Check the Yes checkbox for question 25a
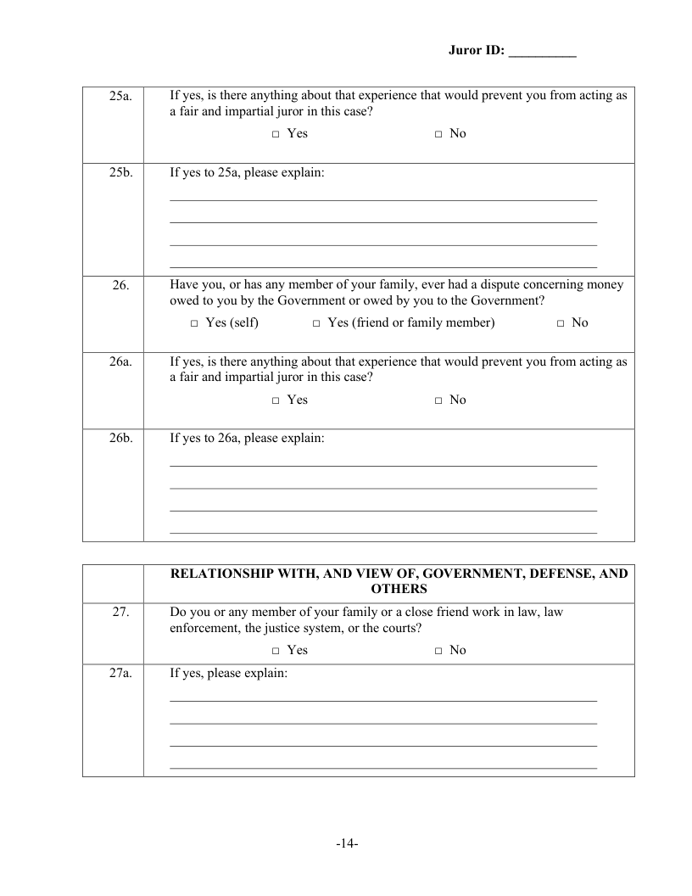pyautogui.click(x=276, y=134)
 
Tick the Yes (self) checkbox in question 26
pyautogui.click(x=194, y=323)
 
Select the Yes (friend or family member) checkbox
pyautogui.click(x=316, y=323)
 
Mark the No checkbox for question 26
pyautogui.click(x=561, y=323)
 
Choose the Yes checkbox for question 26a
pyautogui.click(x=276, y=400)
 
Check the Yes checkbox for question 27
pyautogui.click(x=276, y=651)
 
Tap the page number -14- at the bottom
pyautogui.click(x=346, y=844)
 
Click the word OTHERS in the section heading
pyautogui.click(x=399, y=588)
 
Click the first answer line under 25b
pyautogui.click(x=383, y=200)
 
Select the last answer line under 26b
pyautogui.click(x=383, y=533)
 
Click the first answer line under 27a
pyautogui.click(x=383, y=701)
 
